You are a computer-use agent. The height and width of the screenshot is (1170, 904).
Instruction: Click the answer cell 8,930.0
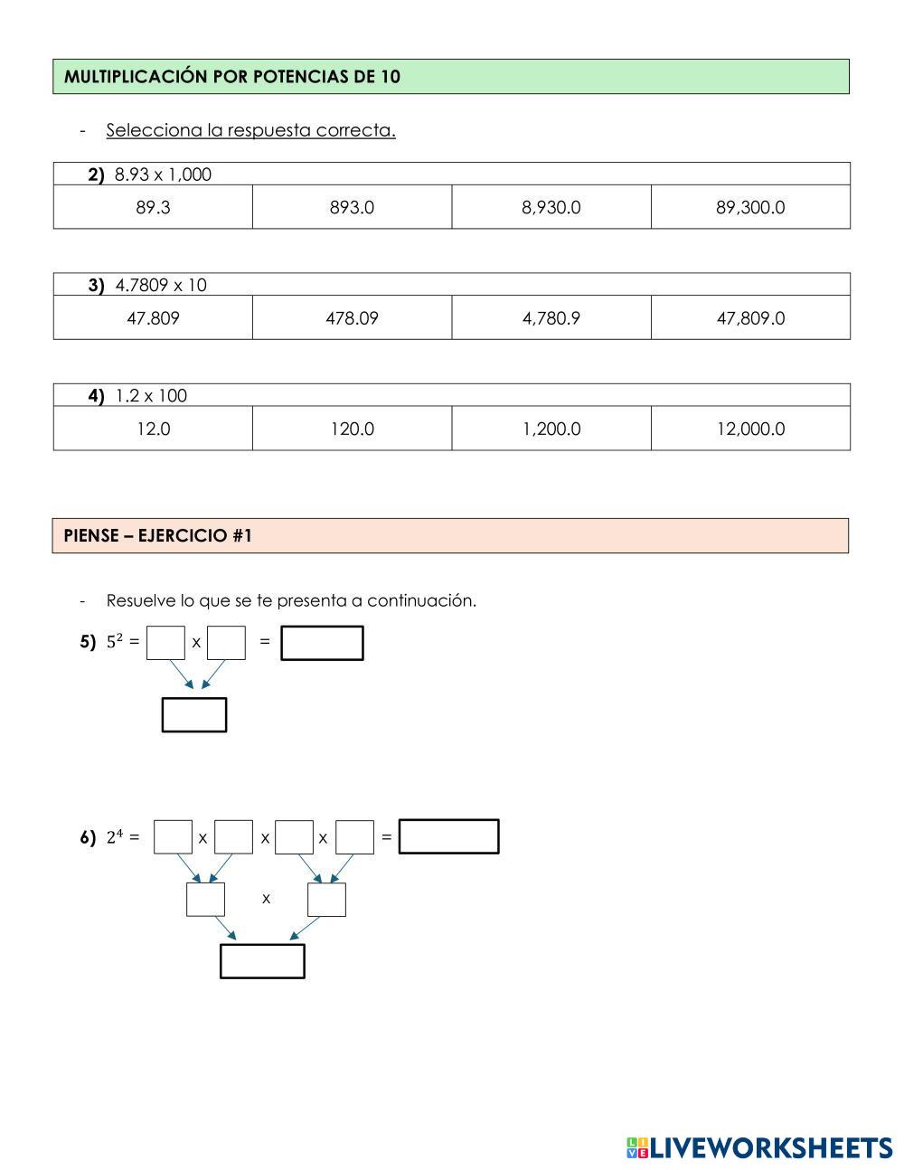[x=551, y=207]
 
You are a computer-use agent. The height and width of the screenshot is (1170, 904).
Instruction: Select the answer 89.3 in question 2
[x=153, y=207]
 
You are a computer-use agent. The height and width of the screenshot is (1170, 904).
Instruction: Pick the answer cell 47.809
[x=153, y=317]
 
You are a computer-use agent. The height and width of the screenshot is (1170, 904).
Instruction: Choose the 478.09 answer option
[x=352, y=317]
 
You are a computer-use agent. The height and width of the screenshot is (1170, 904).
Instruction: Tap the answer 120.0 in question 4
[x=352, y=429]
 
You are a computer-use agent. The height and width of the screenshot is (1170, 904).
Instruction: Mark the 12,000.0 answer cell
[x=750, y=429]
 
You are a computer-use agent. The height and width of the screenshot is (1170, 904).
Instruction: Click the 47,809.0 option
[x=750, y=317]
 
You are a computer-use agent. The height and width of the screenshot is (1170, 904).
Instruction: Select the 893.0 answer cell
[x=352, y=207]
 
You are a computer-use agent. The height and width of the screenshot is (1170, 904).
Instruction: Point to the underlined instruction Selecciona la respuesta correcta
[x=250, y=130]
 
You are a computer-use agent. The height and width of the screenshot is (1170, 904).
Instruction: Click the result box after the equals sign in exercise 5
[x=322, y=643]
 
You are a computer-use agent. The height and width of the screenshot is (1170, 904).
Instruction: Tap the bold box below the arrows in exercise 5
[x=193, y=714]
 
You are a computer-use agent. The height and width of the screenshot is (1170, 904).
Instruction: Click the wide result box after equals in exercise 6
[x=448, y=836]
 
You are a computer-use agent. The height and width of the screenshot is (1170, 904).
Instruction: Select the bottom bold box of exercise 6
[x=262, y=961]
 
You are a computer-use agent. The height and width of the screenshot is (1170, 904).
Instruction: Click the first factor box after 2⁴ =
[x=173, y=836]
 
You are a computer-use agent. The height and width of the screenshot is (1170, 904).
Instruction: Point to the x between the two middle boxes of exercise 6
[x=266, y=899]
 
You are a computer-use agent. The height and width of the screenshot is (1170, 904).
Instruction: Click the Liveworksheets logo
[x=758, y=1147]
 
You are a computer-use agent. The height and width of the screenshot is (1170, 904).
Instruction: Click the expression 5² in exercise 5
[x=115, y=641]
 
